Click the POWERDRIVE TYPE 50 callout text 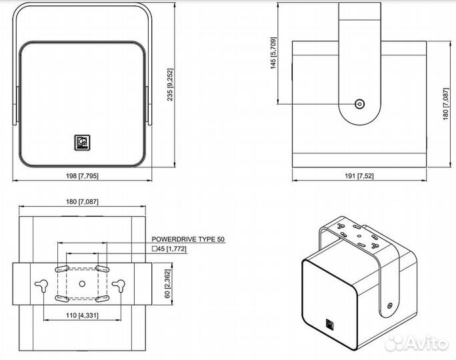(x=188, y=239)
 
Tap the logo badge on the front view (x=82, y=143)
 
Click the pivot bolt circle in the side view (x=360, y=104)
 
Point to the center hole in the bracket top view (x=82, y=283)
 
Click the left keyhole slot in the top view (x=42, y=285)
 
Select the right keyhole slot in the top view (x=119, y=285)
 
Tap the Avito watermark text (x=427, y=344)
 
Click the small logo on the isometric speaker (x=330, y=324)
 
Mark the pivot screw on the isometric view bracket (x=390, y=305)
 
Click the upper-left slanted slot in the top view (x=62, y=269)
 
